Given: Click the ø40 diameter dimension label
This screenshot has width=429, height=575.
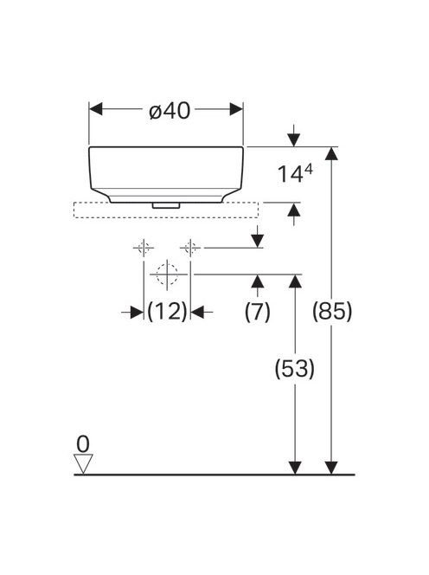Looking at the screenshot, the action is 170,110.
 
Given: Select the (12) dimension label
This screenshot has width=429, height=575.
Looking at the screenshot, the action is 167,312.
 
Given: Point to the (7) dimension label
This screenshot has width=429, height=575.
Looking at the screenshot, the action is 258,312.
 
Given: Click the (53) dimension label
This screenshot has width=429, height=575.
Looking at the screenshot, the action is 295,369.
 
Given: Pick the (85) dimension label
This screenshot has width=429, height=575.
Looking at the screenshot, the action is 332,312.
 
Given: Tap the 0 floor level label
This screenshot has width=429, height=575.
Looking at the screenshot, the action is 83,444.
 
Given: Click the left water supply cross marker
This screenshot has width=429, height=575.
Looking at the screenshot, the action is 144,249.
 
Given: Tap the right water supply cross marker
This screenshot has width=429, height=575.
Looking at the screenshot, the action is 190,249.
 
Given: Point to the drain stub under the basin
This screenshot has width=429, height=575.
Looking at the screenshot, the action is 166,205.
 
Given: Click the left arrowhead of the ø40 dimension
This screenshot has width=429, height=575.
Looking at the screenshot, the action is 96,109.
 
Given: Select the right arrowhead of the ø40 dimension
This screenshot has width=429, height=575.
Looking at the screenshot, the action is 236,109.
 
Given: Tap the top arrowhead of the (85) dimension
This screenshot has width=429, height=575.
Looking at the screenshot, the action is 331,153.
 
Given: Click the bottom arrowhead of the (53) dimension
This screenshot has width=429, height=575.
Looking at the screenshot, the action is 295,468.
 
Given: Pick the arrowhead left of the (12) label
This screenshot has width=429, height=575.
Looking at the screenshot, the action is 137,313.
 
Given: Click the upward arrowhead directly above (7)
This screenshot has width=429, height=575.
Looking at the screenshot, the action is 258,281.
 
